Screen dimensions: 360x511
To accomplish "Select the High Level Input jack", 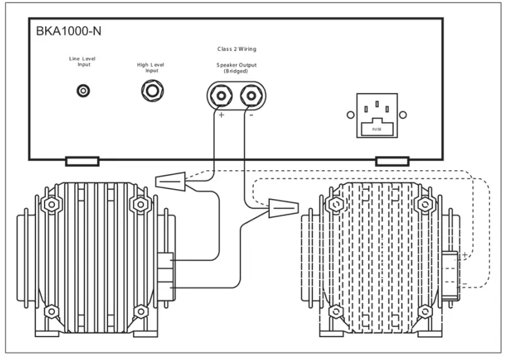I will pos(152,91).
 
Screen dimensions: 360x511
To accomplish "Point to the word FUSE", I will pos(377,129).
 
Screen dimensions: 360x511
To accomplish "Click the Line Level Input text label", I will pos(83,62).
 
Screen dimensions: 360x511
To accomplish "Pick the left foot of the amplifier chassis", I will pos(82,161).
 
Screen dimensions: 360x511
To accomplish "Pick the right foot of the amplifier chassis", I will pos(392,161).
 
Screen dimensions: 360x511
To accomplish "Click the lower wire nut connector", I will pos(282,210).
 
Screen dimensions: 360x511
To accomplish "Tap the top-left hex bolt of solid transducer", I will pos(49,205).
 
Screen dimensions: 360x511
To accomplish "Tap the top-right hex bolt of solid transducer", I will pos(140,205).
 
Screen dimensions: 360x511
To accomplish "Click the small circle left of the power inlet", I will pos(350,115).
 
